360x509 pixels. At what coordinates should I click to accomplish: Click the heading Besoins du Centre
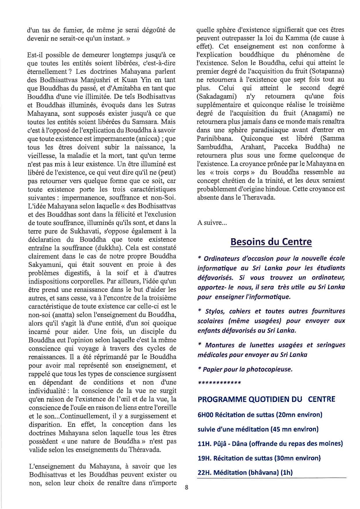click(271, 242)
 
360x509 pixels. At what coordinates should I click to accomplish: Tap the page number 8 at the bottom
click(187, 488)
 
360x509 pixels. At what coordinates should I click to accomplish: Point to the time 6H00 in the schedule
click(206, 415)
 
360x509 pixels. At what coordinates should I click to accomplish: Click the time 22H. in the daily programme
click(204, 472)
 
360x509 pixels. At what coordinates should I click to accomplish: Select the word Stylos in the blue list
click(215, 311)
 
